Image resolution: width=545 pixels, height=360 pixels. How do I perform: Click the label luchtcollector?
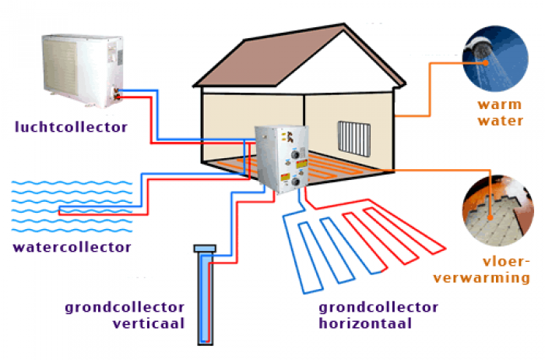pos(70,125)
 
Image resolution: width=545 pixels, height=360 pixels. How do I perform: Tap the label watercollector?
pos(72,248)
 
